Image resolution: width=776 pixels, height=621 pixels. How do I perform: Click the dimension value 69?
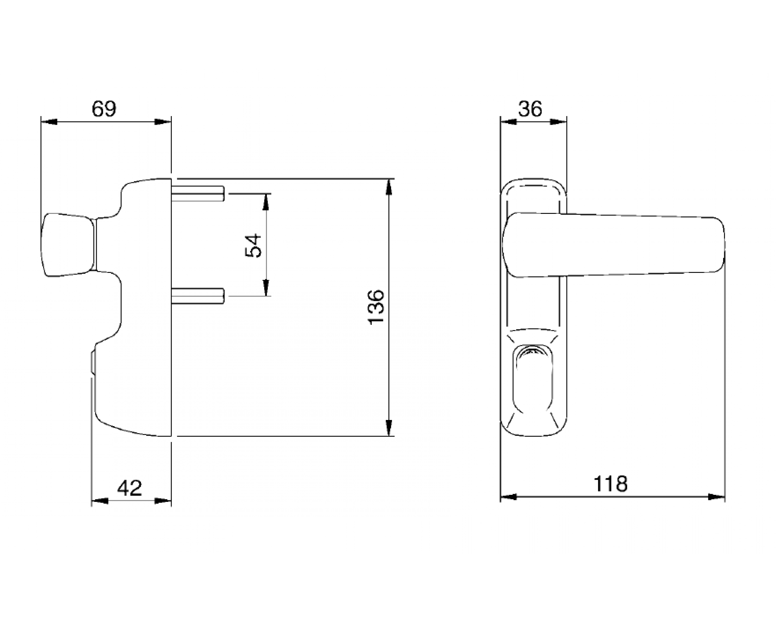click(x=104, y=109)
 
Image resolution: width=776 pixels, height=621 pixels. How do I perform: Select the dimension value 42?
click(x=130, y=488)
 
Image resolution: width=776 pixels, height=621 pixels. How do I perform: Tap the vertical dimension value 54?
click(x=254, y=245)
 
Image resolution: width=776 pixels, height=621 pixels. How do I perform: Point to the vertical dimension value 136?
click(x=376, y=307)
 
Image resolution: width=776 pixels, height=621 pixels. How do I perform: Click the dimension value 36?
click(x=530, y=109)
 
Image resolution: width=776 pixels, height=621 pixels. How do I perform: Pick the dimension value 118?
click(x=610, y=484)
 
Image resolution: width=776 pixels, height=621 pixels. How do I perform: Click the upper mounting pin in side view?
click(x=198, y=193)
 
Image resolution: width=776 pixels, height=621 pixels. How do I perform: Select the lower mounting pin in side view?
click(x=198, y=296)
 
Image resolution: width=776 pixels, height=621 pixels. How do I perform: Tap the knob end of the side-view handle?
click(x=68, y=245)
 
